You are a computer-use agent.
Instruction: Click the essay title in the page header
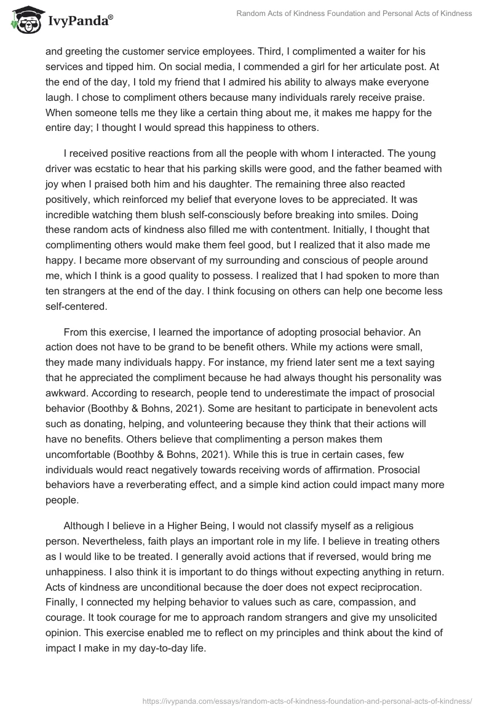click(354, 13)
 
